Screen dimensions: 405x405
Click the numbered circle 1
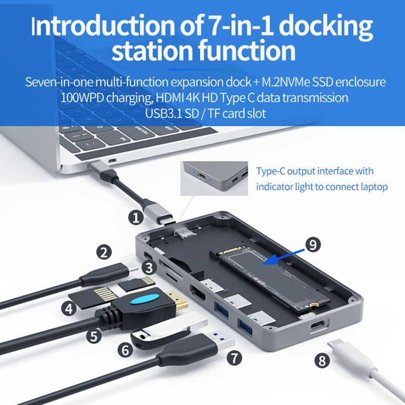(136, 217)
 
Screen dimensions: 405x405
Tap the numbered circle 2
(104, 252)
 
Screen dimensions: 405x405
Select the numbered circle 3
(149, 268)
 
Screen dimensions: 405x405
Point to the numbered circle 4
(69, 309)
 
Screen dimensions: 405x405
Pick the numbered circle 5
(94, 336)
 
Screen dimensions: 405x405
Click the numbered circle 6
(125, 350)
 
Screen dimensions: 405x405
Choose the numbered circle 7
(234, 358)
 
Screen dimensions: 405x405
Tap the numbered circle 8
(322, 360)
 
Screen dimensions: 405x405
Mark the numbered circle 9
(313, 244)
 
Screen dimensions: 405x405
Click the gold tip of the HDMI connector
(177, 301)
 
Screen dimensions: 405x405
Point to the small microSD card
(136, 284)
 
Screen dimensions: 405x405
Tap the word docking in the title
(325, 27)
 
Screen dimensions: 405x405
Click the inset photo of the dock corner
(214, 179)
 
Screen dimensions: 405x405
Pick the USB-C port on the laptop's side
(113, 161)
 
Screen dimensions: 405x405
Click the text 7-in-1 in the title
(238, 26)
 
